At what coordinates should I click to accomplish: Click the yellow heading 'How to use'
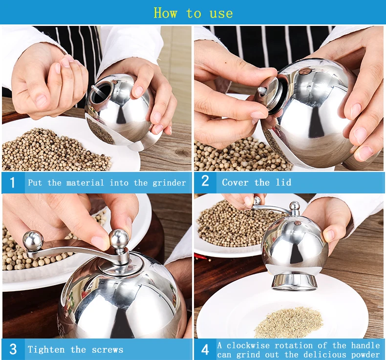pos(193,13)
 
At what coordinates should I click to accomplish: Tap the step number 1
pos(12,183)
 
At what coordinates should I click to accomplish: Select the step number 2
pos(205,181)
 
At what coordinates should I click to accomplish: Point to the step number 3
pos(13,349)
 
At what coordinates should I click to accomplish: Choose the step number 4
pos(205,350)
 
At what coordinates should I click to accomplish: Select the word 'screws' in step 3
pos(107,350)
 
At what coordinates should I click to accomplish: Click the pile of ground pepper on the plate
pos(288,322)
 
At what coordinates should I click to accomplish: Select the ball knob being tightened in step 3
pos(119,239)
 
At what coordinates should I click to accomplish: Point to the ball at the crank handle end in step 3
pos(33,240)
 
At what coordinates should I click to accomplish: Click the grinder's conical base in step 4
pos(294,282)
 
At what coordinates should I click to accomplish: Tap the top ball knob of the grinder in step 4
pos(295,206)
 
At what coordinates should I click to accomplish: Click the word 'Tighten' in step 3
pos(46,349)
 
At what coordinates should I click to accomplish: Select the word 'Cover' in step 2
pos(235,182)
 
